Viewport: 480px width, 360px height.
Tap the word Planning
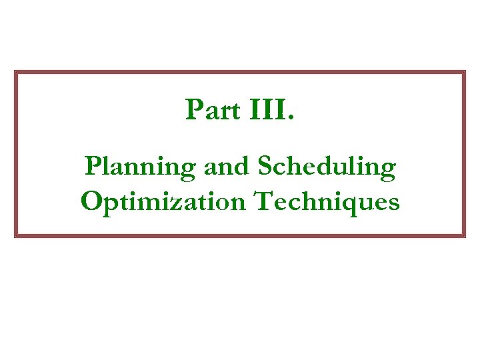tap(141, 167)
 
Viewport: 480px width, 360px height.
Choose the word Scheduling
tap(326, 167)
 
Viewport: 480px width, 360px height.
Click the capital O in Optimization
tap(91, 200)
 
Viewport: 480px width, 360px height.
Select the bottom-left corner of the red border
tap(16, 236)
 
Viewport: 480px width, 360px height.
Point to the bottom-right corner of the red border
tap(464, 236)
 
